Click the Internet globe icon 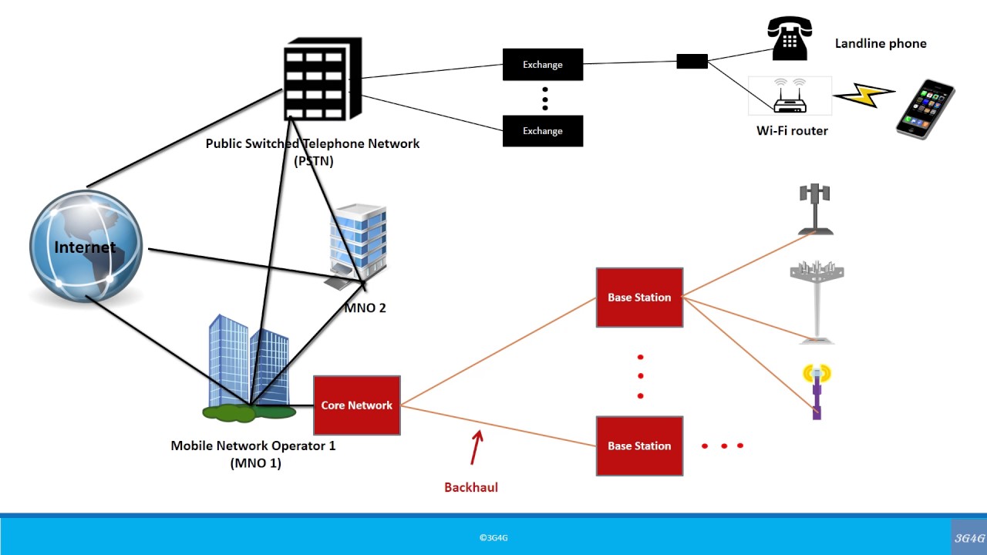(x=86, y=247)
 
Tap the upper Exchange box (x=542, y=65)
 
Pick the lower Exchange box (x=542, y=131)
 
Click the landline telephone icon (x=787, y=39)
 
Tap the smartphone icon (x=925, y=108)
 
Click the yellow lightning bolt (x=864, y=95)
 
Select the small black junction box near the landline (x=692, y=62)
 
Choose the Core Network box (x=357, y=405)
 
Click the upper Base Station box (x=639, y=298)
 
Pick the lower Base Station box (x=639, y=446)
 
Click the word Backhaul (x=471, y=487)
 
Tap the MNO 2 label (x=365, y=308)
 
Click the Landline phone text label (x=881, y=44)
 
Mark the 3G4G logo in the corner (x=969, y=538)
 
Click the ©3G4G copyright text (x=493, y=538)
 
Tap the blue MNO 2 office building (x=357, y=240)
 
